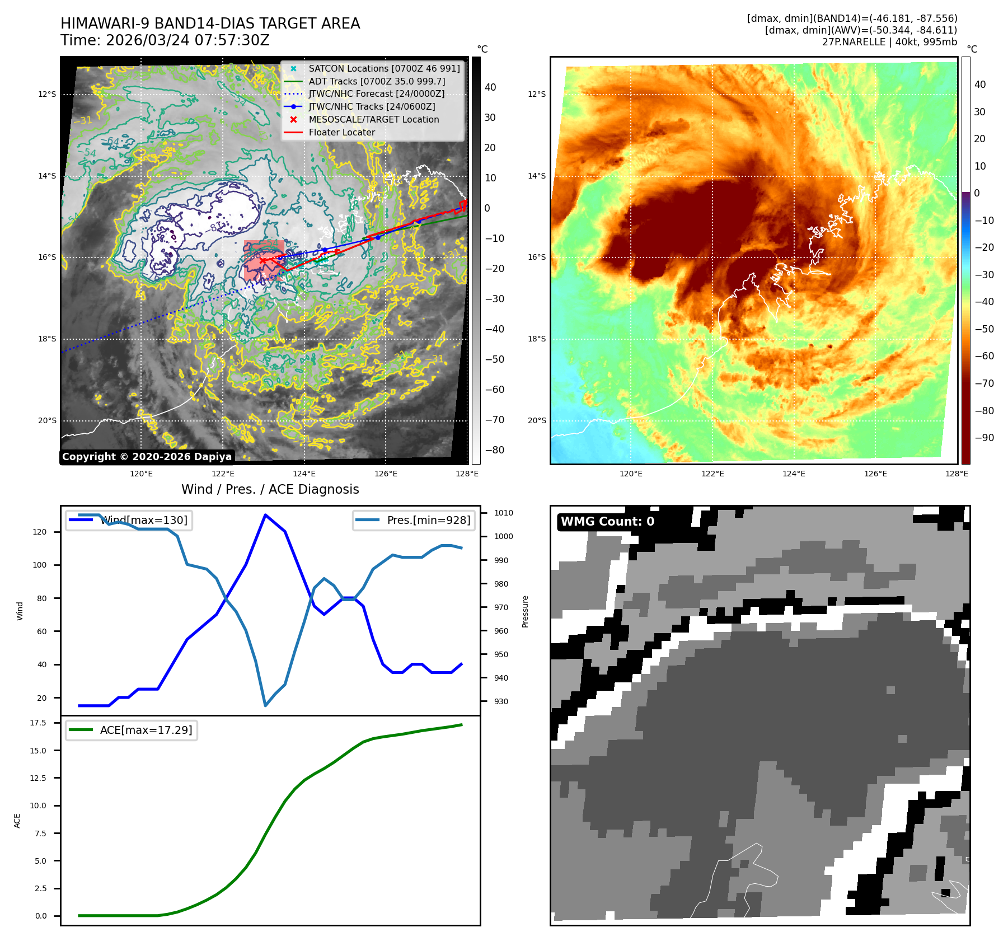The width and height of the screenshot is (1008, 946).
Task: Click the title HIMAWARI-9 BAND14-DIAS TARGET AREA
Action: click(210, 24)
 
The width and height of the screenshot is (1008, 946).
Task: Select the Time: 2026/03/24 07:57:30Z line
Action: click(165, 40)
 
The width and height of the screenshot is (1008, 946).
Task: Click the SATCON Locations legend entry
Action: click(384, 68)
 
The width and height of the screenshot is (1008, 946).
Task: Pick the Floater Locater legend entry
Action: click(341, 132)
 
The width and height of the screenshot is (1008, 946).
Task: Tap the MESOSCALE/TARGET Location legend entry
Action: click(373, 119)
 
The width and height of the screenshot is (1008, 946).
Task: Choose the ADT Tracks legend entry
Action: click(377, 81)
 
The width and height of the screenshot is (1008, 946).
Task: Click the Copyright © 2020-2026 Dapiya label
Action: click(147, 457)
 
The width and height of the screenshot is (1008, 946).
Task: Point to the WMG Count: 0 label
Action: click(607, 522)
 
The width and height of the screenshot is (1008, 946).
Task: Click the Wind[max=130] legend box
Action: click(129, 520)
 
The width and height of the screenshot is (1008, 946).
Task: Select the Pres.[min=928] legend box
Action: click(414, 520)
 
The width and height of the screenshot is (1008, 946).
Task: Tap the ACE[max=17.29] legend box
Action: click(132, 730)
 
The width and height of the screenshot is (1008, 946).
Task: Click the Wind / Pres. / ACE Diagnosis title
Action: click(270, 489)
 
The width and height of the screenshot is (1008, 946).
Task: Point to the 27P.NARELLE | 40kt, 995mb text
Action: click(889, 42)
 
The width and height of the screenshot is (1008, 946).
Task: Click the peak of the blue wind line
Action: click(265, 514)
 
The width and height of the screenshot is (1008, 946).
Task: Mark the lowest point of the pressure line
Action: click(265, 706)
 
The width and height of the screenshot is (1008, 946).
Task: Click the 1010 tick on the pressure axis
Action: click(503, 513)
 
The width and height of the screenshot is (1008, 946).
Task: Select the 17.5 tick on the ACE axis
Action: click(38, 723)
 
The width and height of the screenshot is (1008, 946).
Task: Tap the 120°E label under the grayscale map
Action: click(141, 474)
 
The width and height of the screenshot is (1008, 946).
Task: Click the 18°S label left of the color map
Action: click(536, 339)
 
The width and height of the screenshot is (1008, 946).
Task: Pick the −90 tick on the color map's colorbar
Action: click(984, 438)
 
